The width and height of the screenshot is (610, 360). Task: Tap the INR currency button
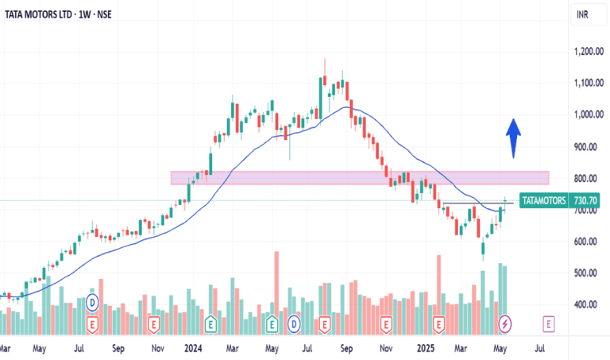point(581,14)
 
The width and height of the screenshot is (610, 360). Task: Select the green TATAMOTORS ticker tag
point(544,201)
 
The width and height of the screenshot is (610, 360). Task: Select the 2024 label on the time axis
point(194,347)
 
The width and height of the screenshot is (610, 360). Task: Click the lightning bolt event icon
point(505,324)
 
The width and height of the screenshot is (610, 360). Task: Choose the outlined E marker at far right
point(548,324)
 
